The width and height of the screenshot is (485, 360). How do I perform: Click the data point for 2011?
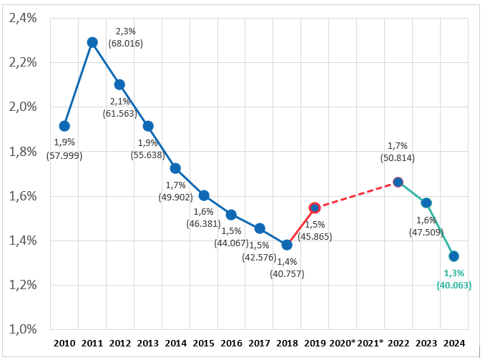click(x=92, y=42)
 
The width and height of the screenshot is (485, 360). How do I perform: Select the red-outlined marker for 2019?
click(x=314, y=208)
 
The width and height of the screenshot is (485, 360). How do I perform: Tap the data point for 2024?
click(x=454, y=256)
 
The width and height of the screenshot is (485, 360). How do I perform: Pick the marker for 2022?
click(x=398, y=182)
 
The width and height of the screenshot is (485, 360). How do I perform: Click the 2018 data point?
click(x=287, y=245)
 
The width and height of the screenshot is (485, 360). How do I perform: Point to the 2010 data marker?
click(x=64, y=126)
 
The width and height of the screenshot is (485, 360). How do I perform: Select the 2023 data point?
click(x=426, y=203)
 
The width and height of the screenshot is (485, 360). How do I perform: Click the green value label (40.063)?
click(x=454, y=285)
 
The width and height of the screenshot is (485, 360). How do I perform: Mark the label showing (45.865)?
click(x=315, y=235)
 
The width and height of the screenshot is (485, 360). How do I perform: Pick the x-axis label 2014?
click(x=175, y=342)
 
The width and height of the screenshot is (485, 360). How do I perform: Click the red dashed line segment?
click(x=356, y=195)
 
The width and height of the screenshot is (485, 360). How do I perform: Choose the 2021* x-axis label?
click(x=370, y=342)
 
